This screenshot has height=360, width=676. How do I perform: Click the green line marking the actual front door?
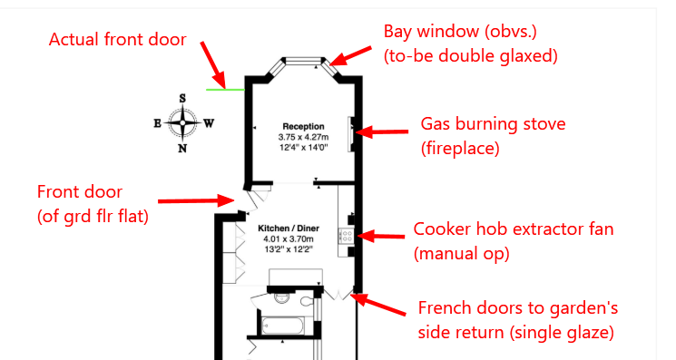tap(225, 90)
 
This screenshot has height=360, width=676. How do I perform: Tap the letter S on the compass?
tap(182, 99)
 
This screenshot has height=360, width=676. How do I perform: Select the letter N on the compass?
tap(182, 149)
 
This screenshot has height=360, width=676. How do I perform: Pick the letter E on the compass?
tap(157, 123)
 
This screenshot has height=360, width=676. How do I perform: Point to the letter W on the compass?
tap(209, 123)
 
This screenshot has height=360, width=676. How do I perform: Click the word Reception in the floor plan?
tap(303, 126)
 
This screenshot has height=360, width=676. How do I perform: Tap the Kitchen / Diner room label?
tap(289, 229)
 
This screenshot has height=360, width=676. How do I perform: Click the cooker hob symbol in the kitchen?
tap(347, 236)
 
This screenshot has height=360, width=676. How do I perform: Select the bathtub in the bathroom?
tap(283, 326)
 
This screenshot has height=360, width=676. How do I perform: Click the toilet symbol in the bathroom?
tap(307, 300)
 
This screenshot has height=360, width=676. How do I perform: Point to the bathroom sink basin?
tap(282, 297)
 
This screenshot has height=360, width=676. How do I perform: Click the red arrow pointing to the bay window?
tap(350, 56)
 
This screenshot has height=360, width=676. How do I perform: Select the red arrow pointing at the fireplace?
tap(382, 131)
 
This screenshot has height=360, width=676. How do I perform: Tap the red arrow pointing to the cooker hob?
tap(381, 236)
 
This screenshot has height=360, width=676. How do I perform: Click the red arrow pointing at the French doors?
tap(378, 304)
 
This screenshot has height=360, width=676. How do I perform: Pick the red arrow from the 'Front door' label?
tap(196, 200)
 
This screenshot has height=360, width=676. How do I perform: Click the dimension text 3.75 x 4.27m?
tap(303, 137)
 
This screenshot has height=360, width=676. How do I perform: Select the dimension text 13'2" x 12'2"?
tap(289, 248)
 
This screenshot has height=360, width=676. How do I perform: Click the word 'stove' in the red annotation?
tap(542, 124)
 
